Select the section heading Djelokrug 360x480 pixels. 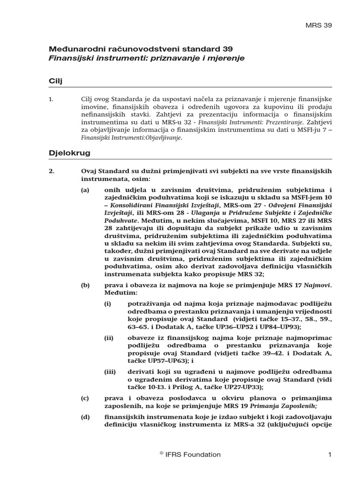(69, 153)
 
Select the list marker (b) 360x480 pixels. (85, 285)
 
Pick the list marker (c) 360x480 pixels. (85, 398)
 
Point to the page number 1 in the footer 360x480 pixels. (330, 454)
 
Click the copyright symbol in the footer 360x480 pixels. (161, 453)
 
